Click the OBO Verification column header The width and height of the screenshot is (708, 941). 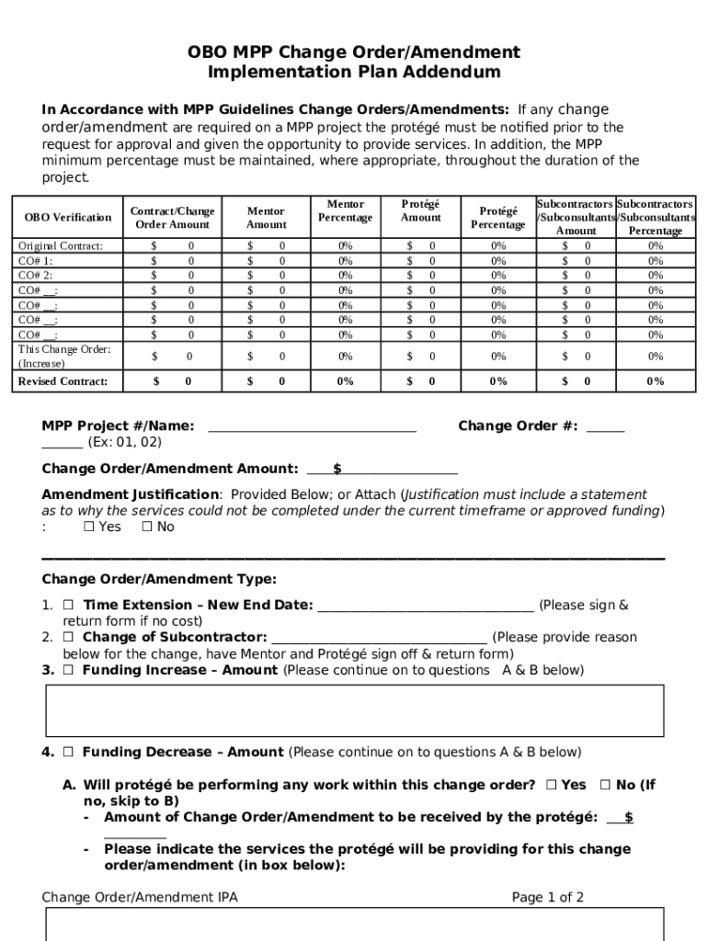coord(68,218)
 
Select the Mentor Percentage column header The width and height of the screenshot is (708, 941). coord(345,211)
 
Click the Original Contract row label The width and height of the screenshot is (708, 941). coord(61,246)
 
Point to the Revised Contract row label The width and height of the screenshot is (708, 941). coord(63,381)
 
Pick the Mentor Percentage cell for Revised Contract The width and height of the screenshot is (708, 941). coord(345,381)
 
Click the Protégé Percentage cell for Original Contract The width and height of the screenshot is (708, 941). coord(497,246)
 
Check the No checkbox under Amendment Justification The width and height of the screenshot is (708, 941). coord(147,527)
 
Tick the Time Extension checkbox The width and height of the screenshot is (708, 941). coord(69,606)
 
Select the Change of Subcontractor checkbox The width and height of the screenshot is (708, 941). coord(69,638)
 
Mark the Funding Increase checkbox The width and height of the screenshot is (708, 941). coord(69,671)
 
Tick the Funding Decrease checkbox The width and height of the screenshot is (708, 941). coord(69,753)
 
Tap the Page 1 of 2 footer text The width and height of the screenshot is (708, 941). coord(547,898)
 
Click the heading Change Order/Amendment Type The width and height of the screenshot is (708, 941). coord(159,580)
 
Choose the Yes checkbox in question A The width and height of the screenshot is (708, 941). coord(551,786)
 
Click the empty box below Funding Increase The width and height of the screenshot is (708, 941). coord(354,710)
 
